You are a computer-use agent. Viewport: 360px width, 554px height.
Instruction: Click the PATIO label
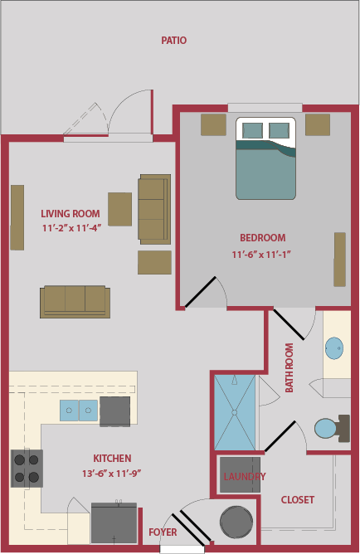pos(173,40)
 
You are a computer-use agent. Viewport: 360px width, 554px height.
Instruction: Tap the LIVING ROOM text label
pos(71,213)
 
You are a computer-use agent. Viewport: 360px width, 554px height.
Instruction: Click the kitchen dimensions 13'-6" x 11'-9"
pos(113,473)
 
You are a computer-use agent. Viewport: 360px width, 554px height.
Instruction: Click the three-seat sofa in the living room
pos(75,302)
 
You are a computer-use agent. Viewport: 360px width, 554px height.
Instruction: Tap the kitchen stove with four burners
pos(27,468)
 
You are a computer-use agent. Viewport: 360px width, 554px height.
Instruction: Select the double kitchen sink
pos(79,409)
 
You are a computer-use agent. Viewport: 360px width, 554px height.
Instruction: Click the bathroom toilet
pos(329,429)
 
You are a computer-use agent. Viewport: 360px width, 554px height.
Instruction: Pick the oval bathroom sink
pos(335,347)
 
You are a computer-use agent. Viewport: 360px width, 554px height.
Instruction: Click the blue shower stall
pos(236,412)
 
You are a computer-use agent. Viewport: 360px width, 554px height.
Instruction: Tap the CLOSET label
pos(297,499)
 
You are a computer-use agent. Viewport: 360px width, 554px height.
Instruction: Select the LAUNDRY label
pos(244,476)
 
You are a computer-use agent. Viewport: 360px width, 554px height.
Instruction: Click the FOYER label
pos(162,532)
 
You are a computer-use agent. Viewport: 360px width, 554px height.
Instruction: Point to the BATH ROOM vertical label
pos(289,367)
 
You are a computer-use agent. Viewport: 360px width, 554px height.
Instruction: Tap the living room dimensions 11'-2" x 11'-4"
pos(71,227)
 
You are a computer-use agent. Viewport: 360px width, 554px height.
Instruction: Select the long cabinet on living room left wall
pos(17,216)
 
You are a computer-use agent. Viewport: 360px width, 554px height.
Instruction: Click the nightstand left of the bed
pos(213,124)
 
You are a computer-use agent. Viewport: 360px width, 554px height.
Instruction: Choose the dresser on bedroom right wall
pos(339,259)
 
